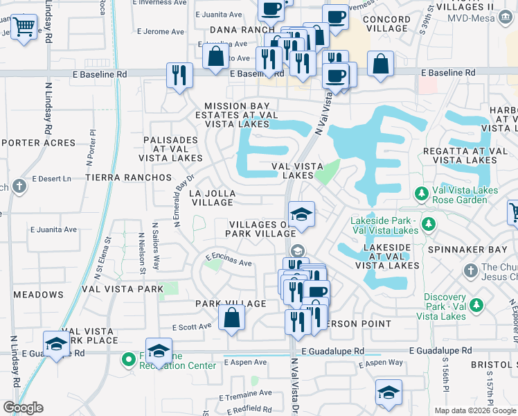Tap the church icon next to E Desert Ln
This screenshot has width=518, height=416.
click(19, 187)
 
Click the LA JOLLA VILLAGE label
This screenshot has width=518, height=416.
click(213, 198)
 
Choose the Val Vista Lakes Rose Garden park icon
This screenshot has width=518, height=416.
click(420, 192)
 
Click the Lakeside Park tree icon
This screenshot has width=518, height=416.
click(429, 224)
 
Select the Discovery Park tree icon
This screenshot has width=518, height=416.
click(476, 304)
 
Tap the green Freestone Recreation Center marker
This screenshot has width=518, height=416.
click(127, 359)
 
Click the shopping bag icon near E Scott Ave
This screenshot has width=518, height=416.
click(231, 318)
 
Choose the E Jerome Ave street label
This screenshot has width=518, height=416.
click(161, 31)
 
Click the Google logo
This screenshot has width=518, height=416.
click(23, 408)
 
